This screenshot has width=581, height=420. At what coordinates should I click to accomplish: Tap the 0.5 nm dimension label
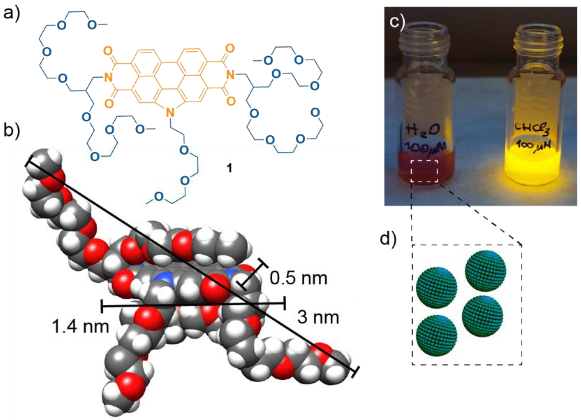coord(299,278)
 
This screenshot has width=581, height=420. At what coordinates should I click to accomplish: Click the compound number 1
coord(229,168)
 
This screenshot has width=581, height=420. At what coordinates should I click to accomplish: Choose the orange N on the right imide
coord(230,75)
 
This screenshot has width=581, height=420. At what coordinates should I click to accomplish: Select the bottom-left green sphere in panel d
coord(436,335)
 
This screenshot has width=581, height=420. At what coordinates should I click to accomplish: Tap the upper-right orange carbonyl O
coord(230,48)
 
